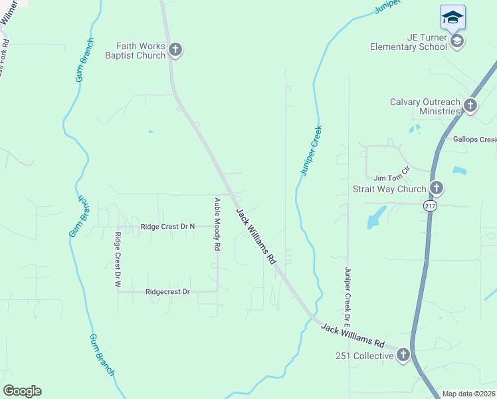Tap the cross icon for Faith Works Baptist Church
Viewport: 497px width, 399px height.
(x=175, y=50)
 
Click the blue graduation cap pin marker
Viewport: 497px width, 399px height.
(x=452, y=17)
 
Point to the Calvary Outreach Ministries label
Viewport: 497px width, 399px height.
(x=425, y=106)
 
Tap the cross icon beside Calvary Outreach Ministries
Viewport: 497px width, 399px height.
(x=470, y=105)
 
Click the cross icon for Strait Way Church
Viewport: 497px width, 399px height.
(x=436, y=188)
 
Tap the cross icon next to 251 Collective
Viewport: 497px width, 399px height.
(x=403, y=356)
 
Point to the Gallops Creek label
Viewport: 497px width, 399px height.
(x=474, y=140)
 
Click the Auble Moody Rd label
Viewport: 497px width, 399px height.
(x=217, y=223)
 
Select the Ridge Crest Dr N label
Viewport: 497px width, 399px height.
(x=167, y=227)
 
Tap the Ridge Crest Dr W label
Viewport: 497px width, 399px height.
(x=118, y=260)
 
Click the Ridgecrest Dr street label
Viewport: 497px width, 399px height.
(x=167, y=292)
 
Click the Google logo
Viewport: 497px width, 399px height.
(x=22, y=391)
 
